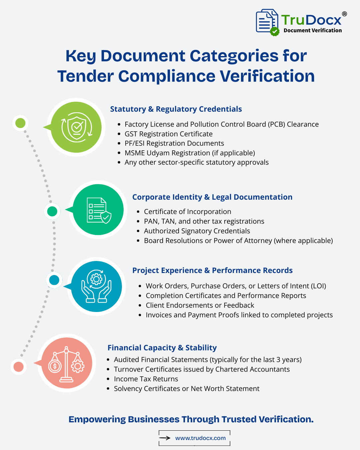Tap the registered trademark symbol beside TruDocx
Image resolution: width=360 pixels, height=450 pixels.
pyautogui.click(x=344, y=14)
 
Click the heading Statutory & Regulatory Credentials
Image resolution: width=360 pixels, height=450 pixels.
pyautogui.click(x=176, y=109)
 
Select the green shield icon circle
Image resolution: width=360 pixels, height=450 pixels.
pyautogui.click(x=76, y=127)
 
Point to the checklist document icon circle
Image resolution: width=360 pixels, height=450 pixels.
pyautogui.click(x=98, y=210)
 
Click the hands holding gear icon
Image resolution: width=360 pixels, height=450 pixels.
pyautogui.click(x=96, y=286)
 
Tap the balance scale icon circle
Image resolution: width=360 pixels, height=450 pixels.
pyautogui.click(x=67, y=363)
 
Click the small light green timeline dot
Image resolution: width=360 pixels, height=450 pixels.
pyautogui.click(x=20, y=123)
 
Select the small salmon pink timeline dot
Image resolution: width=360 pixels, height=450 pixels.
pyautogui.click(x=18, y=367)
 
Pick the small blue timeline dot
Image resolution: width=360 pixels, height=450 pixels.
pyautogui.click(x=54, y=280)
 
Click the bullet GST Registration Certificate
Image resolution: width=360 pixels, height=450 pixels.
pyautogui.click(x=168, y=134)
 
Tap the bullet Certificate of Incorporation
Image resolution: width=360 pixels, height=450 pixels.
pyautogui.click(x=187, y=212)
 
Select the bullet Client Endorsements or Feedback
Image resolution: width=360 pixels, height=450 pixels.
pyautogui.click(x=200, y=305)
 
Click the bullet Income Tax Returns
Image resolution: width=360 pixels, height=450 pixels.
pyautogui.click(x=146, y=379)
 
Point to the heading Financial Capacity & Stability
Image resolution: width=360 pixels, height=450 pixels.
pyautogui.click(x=162, y=348)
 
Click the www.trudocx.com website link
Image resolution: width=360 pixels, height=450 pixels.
pyautogui.click(x=200, y=438)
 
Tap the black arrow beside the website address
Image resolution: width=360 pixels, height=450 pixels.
pyautogui.click(x=165, y=438)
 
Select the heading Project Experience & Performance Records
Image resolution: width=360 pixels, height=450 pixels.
pyautogui.click(x=212, y=270)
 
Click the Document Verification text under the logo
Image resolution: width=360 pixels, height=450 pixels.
pyautogui.click(x=313, y=31)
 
